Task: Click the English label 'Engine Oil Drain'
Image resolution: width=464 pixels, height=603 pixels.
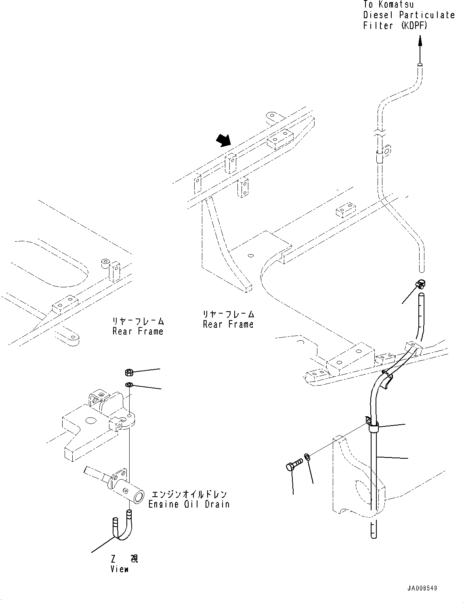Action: pos(189,504)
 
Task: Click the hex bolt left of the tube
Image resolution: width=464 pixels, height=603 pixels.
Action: pos(294,464)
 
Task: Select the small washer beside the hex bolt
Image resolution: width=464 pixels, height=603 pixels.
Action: pos(307,457)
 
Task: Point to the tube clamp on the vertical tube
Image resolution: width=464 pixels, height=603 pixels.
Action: pos(372,424)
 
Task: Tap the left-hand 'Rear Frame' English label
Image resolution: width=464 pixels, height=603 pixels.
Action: pos(138,331)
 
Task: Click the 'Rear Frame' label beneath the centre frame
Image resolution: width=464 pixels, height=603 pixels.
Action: pos(228,324)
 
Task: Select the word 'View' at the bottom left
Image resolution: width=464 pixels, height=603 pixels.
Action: pos(120,569)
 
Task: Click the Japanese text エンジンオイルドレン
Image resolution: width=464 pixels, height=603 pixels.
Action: pos(189,494)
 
